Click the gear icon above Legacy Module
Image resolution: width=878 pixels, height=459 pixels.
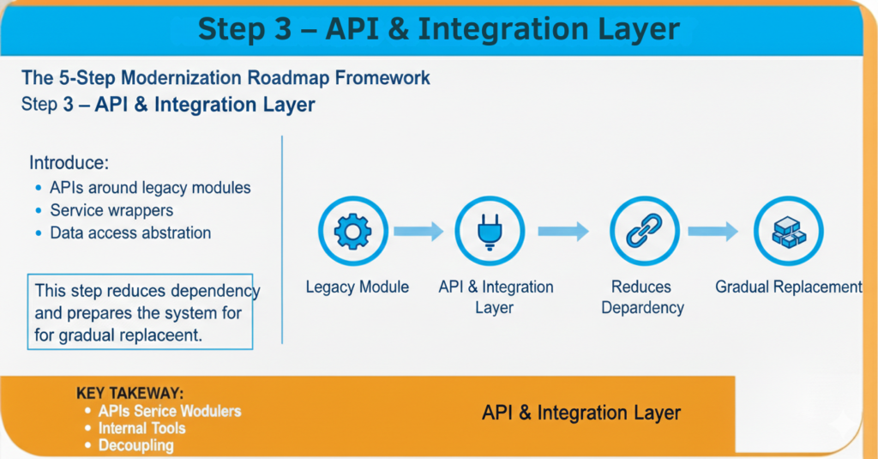tap(352, 231)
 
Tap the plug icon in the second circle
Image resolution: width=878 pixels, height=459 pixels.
tap(490, 231)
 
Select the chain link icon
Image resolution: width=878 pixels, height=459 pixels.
tap(644, 230)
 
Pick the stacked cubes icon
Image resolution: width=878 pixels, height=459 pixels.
tap(789, 232)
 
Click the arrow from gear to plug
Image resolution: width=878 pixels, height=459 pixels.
tap(418, 231)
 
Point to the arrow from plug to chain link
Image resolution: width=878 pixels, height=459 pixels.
tap(563, 231)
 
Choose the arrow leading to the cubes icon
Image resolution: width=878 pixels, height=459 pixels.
tap(713, 231)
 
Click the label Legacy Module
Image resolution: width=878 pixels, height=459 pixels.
tap(358, 287)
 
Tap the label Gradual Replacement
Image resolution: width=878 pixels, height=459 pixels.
tap(789, 287)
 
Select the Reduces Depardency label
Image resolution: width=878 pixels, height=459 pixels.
tap(642, 297)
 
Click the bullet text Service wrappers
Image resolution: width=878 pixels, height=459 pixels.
tap(111, 210)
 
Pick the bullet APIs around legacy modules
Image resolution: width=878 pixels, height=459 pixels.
tap(150, 188)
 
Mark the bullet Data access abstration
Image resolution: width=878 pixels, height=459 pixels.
tap(130, 233)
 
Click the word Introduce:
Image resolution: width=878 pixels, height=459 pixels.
tap(69, 162)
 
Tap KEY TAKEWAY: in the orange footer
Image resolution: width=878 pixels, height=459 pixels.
tap(130, 393)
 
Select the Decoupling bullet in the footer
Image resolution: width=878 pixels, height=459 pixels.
tap(136, 445)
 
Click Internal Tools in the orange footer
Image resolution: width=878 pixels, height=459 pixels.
tap(141, 428)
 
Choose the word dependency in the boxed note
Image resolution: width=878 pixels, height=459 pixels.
tap(215, 292)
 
